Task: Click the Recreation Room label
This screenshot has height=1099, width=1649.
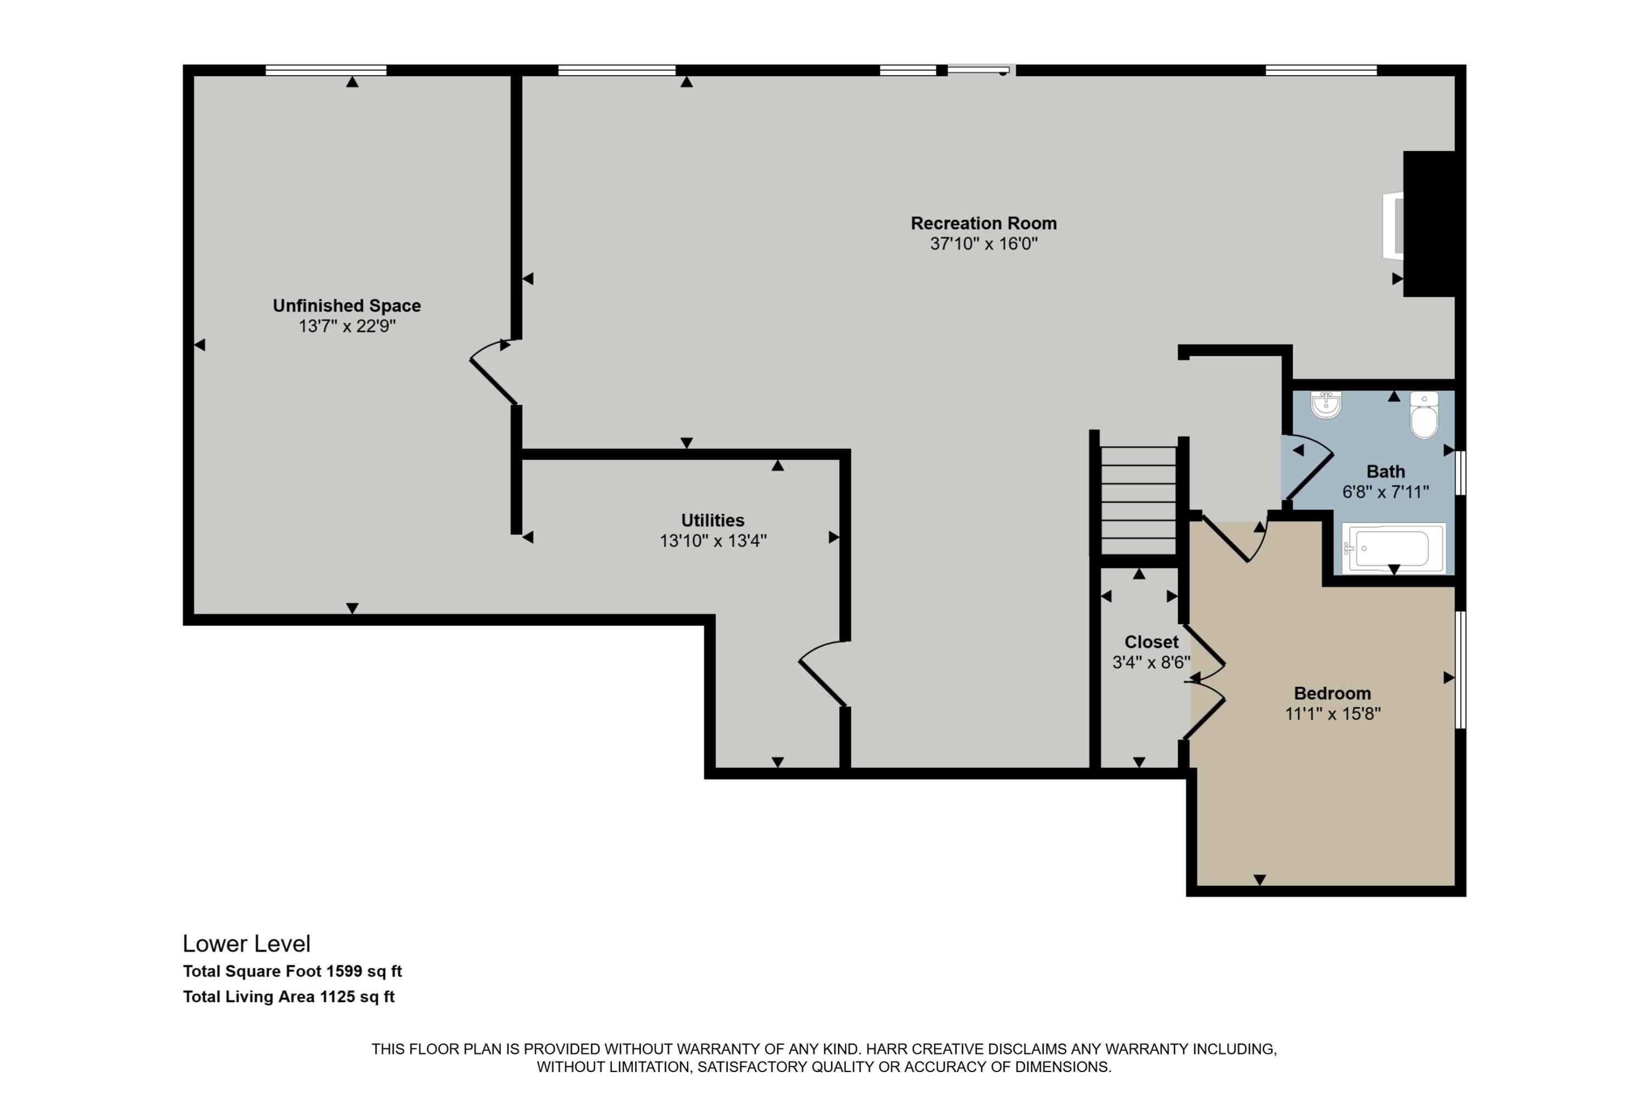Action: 984,224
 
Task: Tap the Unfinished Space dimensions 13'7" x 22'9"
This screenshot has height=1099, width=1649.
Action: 347,326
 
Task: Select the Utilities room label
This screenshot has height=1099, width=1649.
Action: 713,520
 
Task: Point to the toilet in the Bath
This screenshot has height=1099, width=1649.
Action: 1424,415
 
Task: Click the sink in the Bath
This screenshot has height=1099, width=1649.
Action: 1326,404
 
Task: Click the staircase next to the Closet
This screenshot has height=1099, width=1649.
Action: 1138,501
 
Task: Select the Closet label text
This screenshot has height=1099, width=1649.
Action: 1151,642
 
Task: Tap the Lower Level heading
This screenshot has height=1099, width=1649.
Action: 247,943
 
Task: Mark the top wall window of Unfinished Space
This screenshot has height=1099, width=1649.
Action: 326,70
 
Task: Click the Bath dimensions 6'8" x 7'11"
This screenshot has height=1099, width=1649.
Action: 1385,492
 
